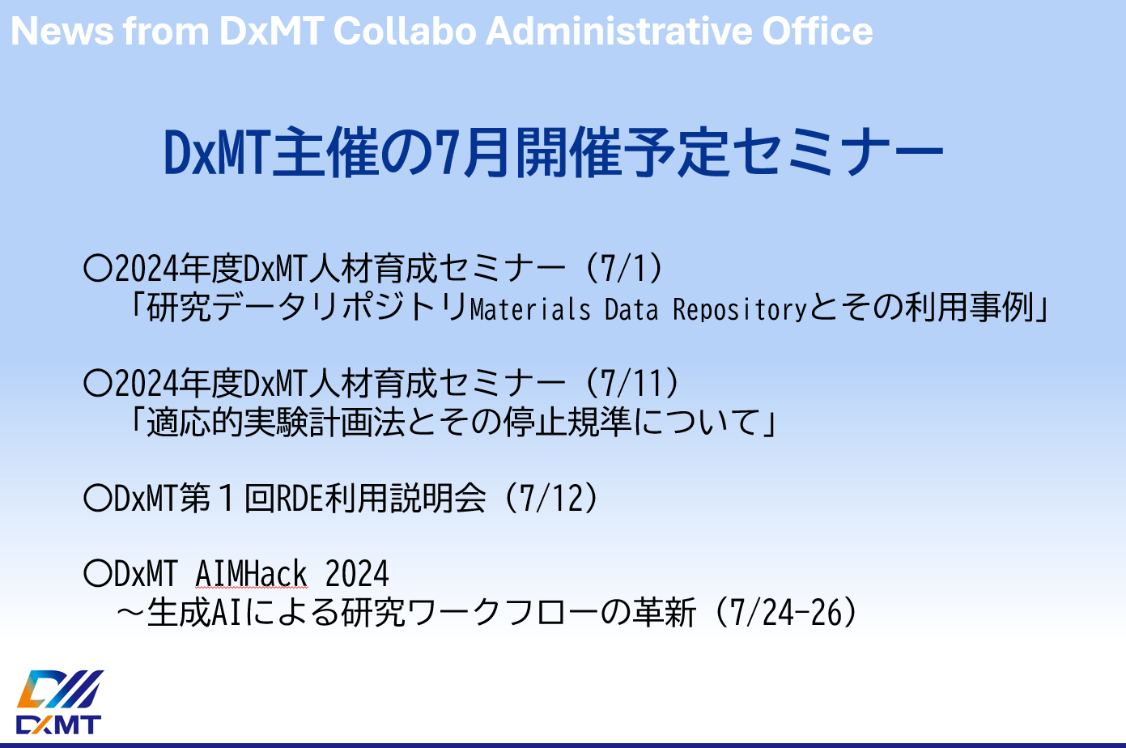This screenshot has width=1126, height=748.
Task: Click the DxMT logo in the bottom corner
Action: pyautogui.click(x=59, y=701)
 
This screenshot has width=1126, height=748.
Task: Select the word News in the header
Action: pyautogui.click(x=62, y=31)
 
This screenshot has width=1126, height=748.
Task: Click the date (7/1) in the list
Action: pyautogui.click(x=624, y=268)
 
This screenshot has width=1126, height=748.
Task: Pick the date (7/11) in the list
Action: pyautogui.click(x=632, y=383)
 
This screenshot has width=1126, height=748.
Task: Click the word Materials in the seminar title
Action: pyautogui.click(x=530, y=308)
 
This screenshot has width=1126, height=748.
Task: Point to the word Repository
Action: pyautogui.click(x=740, y=308)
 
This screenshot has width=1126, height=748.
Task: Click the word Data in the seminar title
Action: pyautogui.click(x=631, y=308)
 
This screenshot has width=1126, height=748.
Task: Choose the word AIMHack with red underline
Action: pyautogui.click(x=251, y=573)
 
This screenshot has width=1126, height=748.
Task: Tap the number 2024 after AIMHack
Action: pyautogui.click(x=357, y=573)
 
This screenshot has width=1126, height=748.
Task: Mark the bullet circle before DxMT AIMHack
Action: pyautogui.click(x=97, y=574)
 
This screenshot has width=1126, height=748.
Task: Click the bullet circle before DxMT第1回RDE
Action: pyautogui.click(x=97, y=499)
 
